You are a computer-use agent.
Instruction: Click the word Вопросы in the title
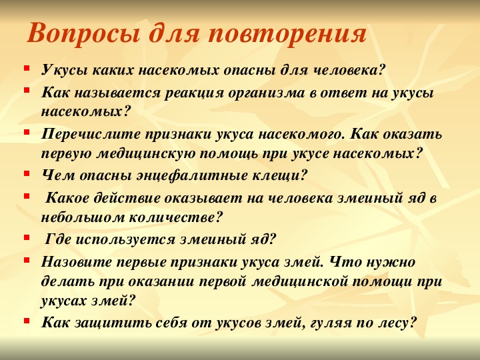(84, 34)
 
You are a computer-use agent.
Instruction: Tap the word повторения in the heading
(287, 34)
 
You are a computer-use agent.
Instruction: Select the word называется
(117, 93)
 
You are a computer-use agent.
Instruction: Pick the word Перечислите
(91, 135)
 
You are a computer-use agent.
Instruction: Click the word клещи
(279, 176)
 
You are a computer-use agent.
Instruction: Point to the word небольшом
(83, 217)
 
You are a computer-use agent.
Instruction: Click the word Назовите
(77, 262)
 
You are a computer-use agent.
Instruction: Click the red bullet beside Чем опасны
(27, 173)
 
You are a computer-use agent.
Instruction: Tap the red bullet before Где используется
(27, 237)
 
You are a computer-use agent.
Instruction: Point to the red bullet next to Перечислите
(27, 131)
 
